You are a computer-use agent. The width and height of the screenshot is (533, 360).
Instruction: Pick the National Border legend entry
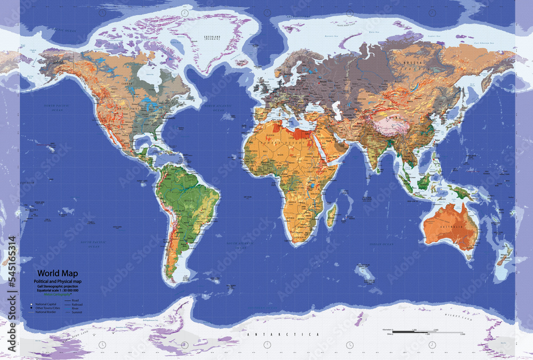tap(49, 312)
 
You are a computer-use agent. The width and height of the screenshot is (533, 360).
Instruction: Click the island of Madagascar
tap(332, 214)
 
